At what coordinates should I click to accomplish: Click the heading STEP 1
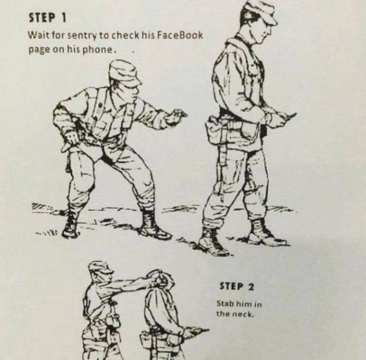[47, 18]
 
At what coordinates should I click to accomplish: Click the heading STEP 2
[236, 287]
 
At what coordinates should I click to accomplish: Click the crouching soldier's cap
[124, 72]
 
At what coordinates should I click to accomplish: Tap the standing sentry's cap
[262, 11]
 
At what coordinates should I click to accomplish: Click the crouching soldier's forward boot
[154, 224]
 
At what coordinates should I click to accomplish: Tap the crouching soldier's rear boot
[70, 224]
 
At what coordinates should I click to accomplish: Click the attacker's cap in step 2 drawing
[101, 268]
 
